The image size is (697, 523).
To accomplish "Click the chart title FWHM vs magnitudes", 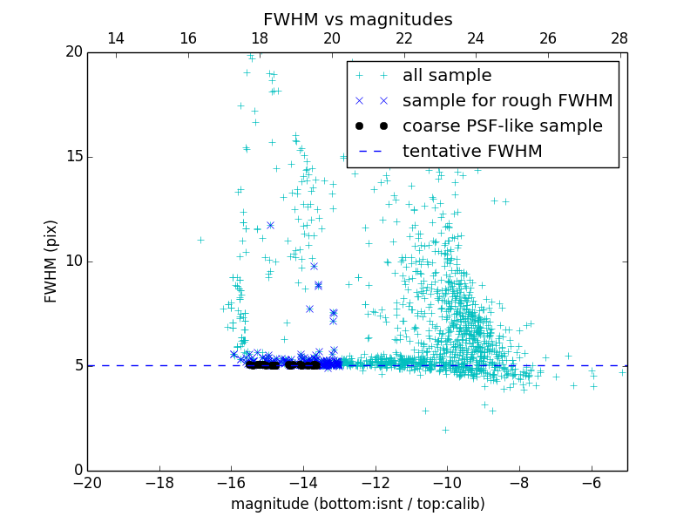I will pyautogui.click(x=357, y=19).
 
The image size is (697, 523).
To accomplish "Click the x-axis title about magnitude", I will pyautogui.click(x=357, y=504).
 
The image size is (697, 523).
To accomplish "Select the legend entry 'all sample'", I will pyautogui.click(x=447, y=75).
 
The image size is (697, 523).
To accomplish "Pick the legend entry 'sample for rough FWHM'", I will pyautogui.click(x=507, y=100).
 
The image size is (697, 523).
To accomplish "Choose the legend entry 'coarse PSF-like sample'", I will pyautogui.click(x=502, y=126).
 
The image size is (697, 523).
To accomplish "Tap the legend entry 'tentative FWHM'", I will pyautogui.click(x=472, y=151).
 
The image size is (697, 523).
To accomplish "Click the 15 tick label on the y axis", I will pyautogui.click(x=72, y=157).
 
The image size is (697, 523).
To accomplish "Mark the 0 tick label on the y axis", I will pyautogui.click(x=77, y=471).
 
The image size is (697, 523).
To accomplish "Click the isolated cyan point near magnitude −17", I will pyautogui.click(x=200, y=240).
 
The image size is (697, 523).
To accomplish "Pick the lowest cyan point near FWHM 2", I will pyautogui.click(x=445, y=430).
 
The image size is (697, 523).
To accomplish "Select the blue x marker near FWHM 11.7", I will pyautogui.click(x=270, y=225).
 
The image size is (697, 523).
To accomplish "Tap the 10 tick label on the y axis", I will pyautogui.click(x=72, y=261).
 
